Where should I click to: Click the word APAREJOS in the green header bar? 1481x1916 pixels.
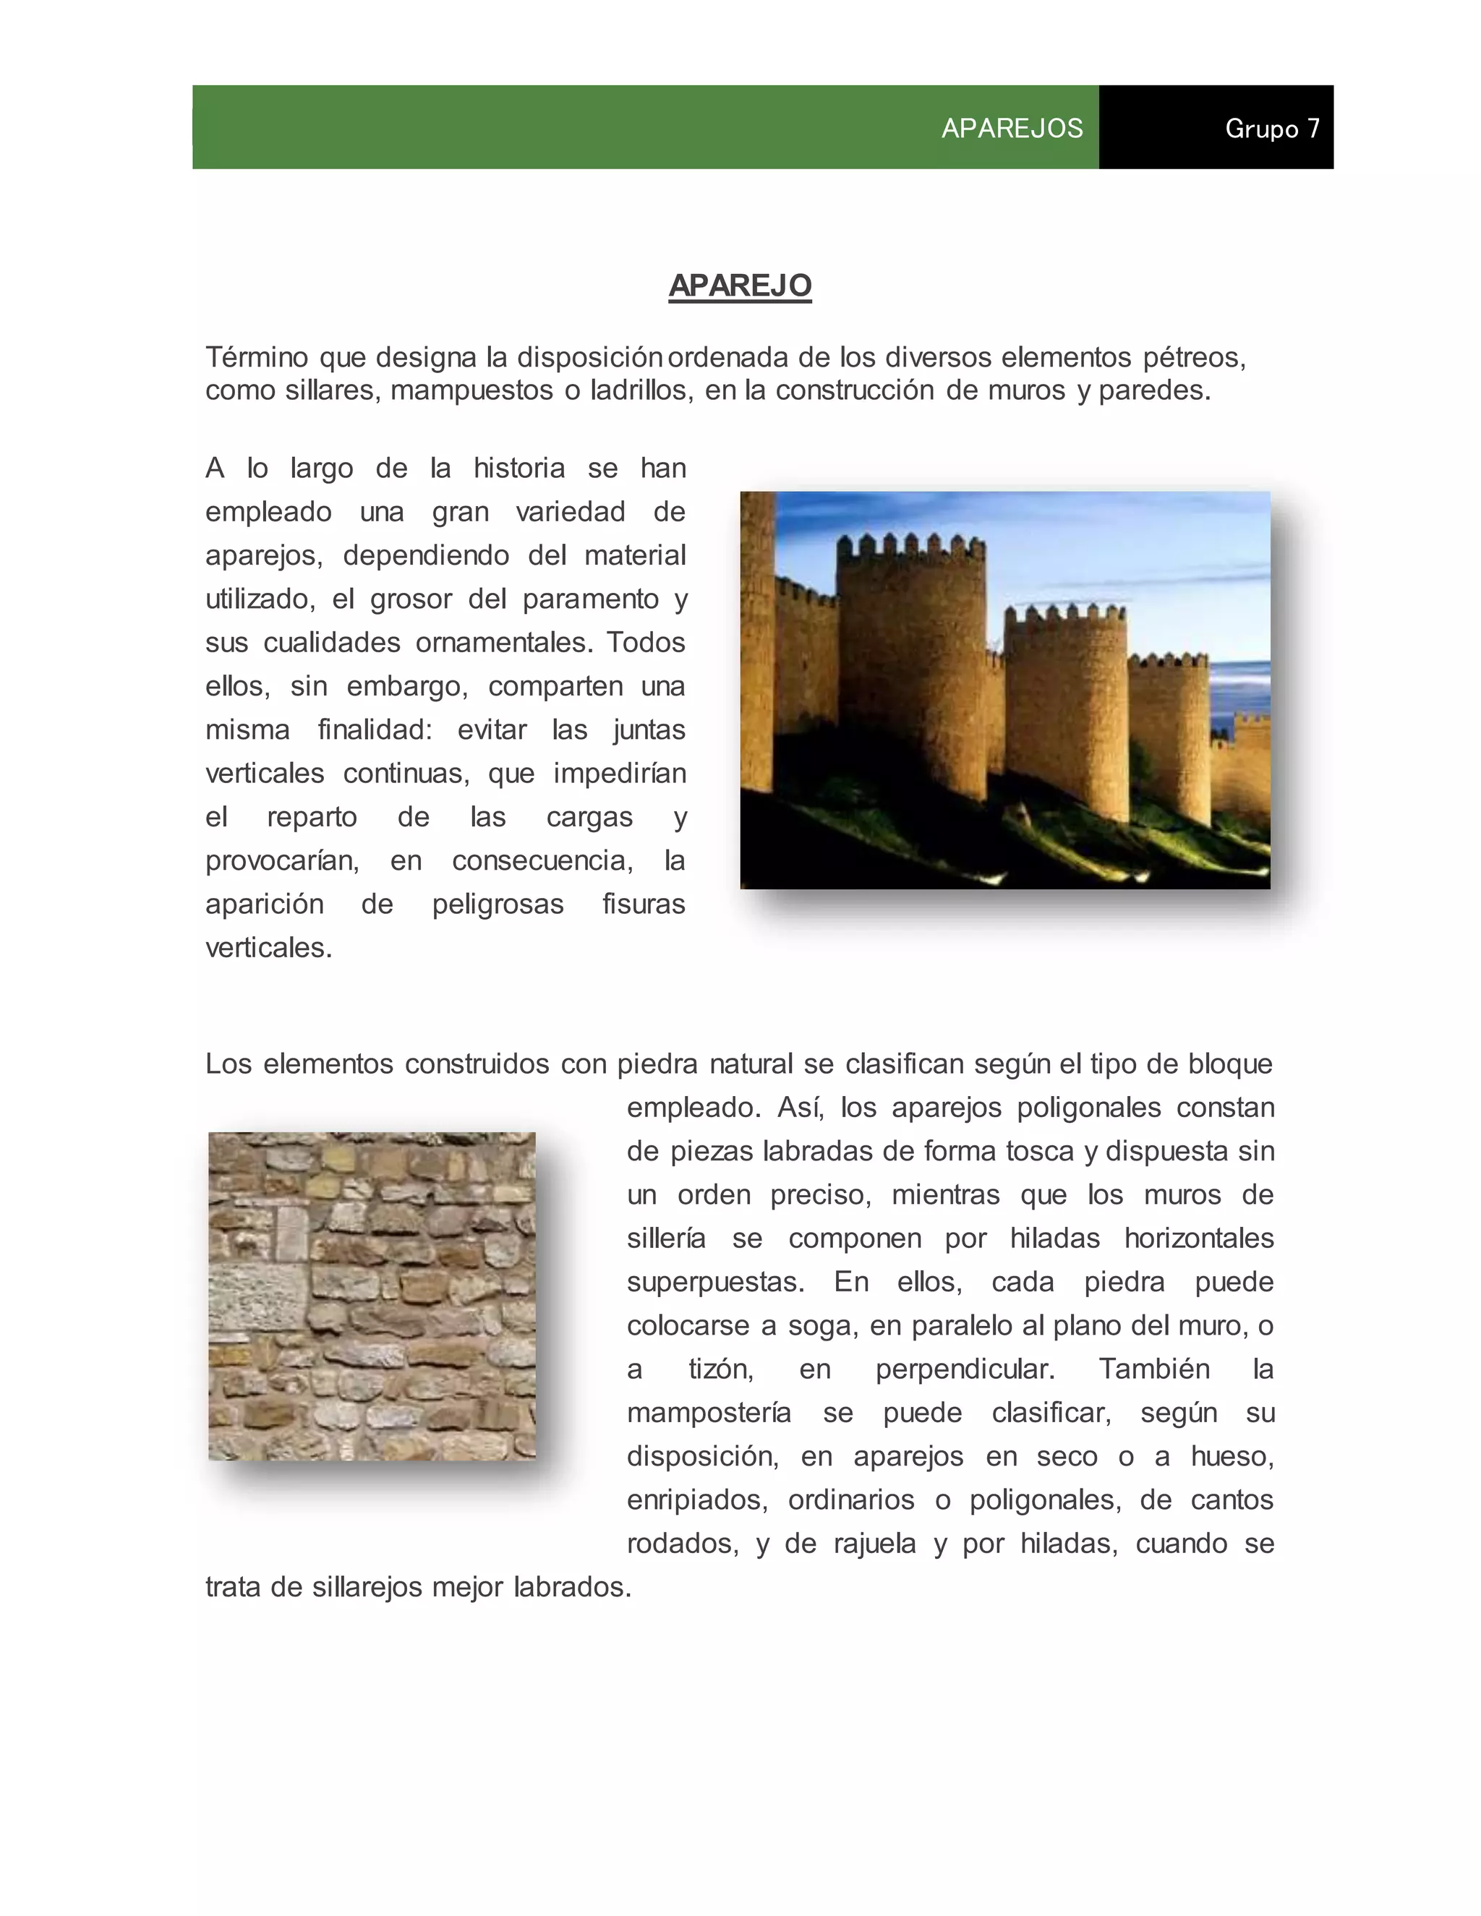(1012, 129)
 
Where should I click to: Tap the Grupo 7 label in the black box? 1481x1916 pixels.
(1271, 129)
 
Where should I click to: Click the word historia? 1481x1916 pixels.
(518, 469)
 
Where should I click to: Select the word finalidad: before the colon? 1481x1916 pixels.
(375, 730)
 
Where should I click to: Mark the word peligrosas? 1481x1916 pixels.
(498, 904)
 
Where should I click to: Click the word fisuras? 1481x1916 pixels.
(643, 904)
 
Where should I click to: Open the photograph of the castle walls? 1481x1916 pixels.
(1004, 690)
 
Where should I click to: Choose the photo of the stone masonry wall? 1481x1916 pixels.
(372, 1296)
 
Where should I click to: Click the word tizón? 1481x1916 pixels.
(720, 1369)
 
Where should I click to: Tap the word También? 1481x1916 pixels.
(1153, 1369)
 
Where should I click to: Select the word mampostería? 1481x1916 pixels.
(709, 1414)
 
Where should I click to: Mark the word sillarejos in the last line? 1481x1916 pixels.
(367, 1587)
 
